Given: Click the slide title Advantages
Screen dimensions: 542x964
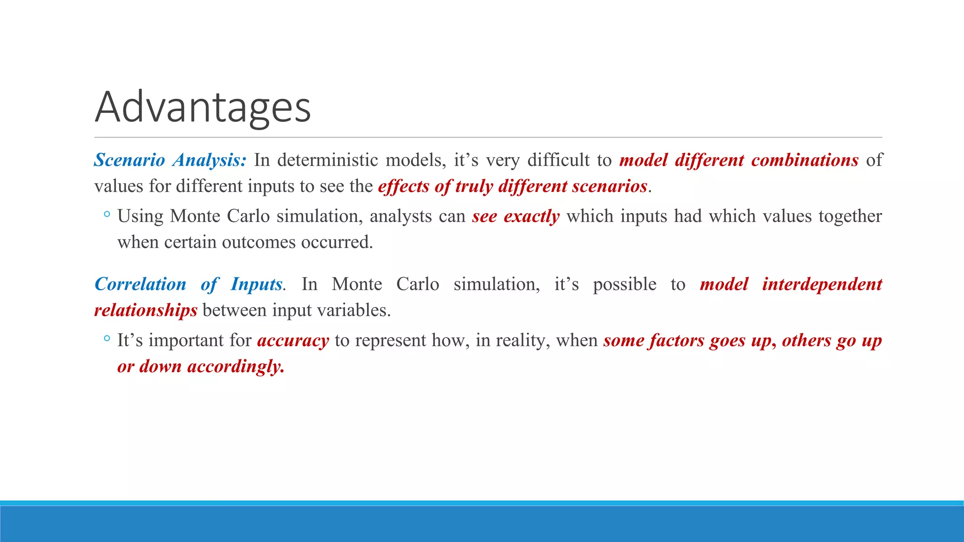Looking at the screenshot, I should pos(202,107).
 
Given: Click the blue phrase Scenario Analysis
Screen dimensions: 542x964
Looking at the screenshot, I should pos(169,160).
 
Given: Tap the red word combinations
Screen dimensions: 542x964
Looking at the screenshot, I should pos(804,160).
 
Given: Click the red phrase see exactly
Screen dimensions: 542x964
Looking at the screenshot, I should pos(516,216).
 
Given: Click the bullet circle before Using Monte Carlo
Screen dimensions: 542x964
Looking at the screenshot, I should pos(107,215).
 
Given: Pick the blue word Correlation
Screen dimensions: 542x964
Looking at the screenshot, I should pos(140,284).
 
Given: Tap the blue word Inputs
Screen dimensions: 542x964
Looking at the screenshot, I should pos(256,284).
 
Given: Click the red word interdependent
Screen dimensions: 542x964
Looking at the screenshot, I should pos(822,284).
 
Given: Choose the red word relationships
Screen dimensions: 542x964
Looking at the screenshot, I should pos(145,311).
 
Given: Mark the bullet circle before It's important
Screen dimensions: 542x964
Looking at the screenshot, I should pos(107,338).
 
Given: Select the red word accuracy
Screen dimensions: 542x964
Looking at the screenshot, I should pos(293,341).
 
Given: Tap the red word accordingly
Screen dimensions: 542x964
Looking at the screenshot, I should pos(236,367).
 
